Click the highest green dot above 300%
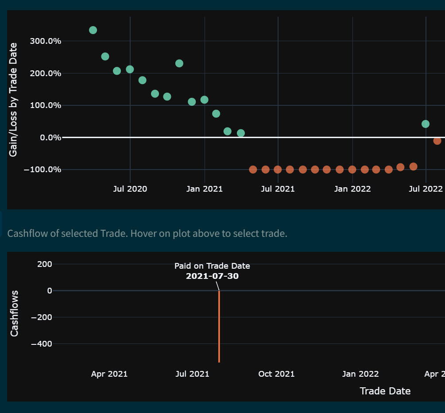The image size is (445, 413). point(93,30)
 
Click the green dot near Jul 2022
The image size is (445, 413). point(426,124)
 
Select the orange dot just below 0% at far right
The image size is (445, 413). point(437,141)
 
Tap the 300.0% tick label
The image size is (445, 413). point(45,41)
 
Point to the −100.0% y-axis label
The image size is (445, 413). point(42,170)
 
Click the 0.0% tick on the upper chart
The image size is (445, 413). point(50,138)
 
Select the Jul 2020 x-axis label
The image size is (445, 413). point(130,189)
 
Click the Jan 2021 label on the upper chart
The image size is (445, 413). point(205,189)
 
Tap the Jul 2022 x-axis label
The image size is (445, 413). point(426,189)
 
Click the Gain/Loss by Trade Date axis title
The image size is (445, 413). point(14,100)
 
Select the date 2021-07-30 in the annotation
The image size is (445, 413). point(212,276)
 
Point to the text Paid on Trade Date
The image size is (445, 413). point(212,266)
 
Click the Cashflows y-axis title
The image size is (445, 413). point(15,313)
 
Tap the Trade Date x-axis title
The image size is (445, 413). point(385,391)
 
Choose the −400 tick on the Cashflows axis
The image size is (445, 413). point(41,344)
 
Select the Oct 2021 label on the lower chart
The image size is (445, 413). point(276,374)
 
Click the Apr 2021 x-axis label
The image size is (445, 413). point(109,374)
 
